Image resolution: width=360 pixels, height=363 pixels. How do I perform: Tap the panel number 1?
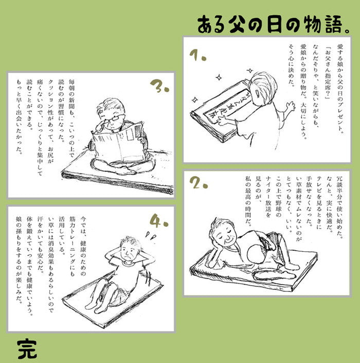click(x=196, y=55)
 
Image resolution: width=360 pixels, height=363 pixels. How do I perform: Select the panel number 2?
click(x=197, y=183)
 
